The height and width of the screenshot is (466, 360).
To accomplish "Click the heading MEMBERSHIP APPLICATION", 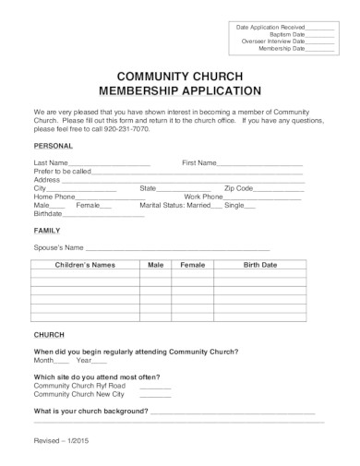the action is click(x=180, y=91).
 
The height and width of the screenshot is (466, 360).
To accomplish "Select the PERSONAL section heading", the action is click(x=54, y=146).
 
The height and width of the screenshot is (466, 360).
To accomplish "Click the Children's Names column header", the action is click(x=84, y=265).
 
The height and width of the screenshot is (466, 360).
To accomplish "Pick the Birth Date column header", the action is click(x=259, y=265).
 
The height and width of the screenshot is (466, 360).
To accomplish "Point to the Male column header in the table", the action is click(x=155, y=265).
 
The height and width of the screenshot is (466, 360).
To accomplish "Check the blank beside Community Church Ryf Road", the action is click(x=155, y=387).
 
